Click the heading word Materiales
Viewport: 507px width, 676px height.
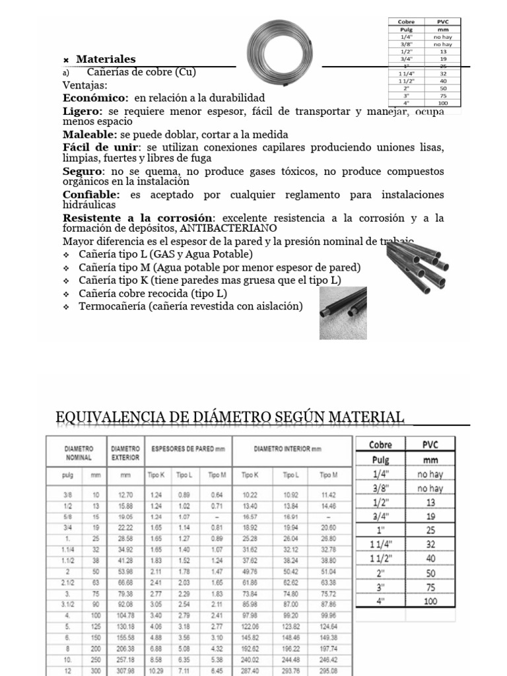click(106, 59)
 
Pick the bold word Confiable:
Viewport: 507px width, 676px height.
click(91, 194)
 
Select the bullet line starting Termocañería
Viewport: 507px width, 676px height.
click(190, 306)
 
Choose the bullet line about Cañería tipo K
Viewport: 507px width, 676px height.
click(209, 280)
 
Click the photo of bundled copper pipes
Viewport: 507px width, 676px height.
click(419, 266)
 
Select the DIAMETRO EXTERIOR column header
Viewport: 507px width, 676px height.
click(125, 452)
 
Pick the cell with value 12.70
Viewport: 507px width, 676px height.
click(125, 494)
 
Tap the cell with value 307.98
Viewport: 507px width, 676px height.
click(125, 669)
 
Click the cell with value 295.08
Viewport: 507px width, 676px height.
click(328, 669)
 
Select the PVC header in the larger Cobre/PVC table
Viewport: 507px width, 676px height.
click(430, 444)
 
